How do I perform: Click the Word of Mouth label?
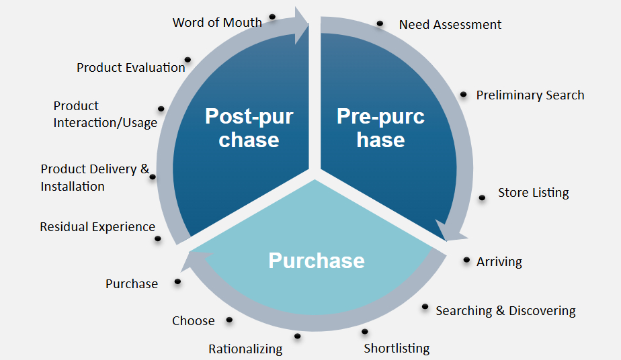[217, 22]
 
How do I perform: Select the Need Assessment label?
[450, 25]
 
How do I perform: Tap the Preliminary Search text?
[530, 95]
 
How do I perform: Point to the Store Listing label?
[533, 193]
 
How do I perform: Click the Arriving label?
[499, 262]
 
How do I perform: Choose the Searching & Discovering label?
[505, 311]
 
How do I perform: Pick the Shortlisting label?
[397, 348]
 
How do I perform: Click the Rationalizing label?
[245, 349]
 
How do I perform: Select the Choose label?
[194, 321]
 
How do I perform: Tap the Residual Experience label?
[97, 227]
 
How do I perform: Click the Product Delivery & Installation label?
[95, 178]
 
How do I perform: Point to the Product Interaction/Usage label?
[105, 114]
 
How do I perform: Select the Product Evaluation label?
[130, 67]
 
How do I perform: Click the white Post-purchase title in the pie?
[249, 128]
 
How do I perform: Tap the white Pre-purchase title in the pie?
[380, 128]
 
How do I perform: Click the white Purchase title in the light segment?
[317, 261]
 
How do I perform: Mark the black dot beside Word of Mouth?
[272, 16]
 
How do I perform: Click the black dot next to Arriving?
[468, 260]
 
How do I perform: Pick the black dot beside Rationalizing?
[297, 336]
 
